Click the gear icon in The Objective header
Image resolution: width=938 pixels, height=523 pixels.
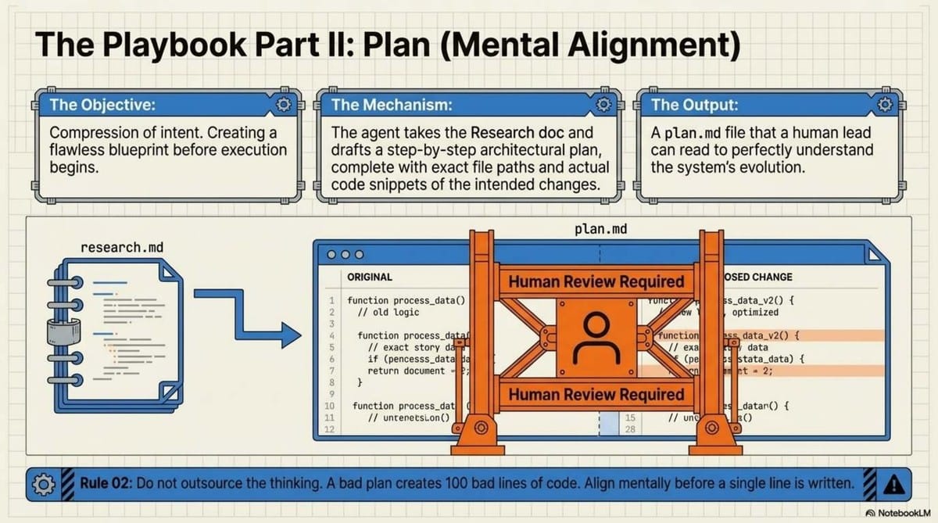[283, 105]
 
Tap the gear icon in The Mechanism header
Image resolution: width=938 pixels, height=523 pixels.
[603, 105]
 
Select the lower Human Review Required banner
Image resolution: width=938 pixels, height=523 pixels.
[596, 395]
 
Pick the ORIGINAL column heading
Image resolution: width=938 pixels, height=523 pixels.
[370, 277]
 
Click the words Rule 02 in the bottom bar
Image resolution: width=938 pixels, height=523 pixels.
[106, 484]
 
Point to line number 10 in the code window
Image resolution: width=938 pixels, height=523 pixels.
[329, 406]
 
